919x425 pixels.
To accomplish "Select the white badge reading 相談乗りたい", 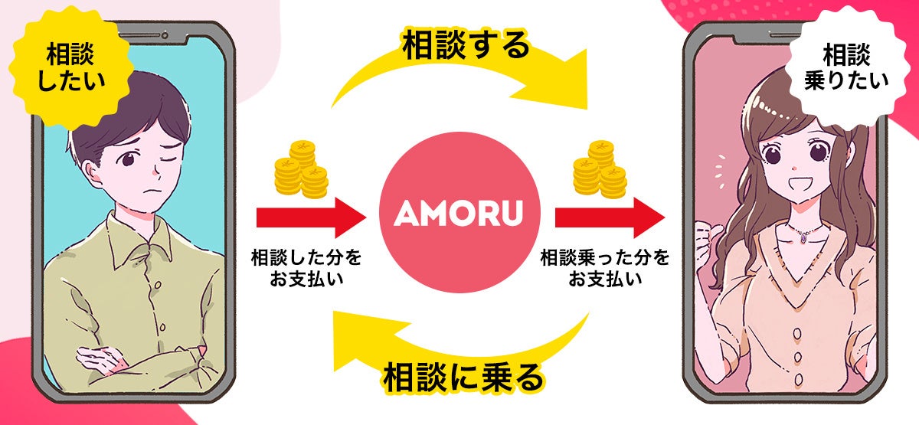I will tap(845, 65).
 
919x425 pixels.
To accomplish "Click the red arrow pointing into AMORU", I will tap(310, 217).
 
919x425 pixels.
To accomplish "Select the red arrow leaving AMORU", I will tap(609, 217).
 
